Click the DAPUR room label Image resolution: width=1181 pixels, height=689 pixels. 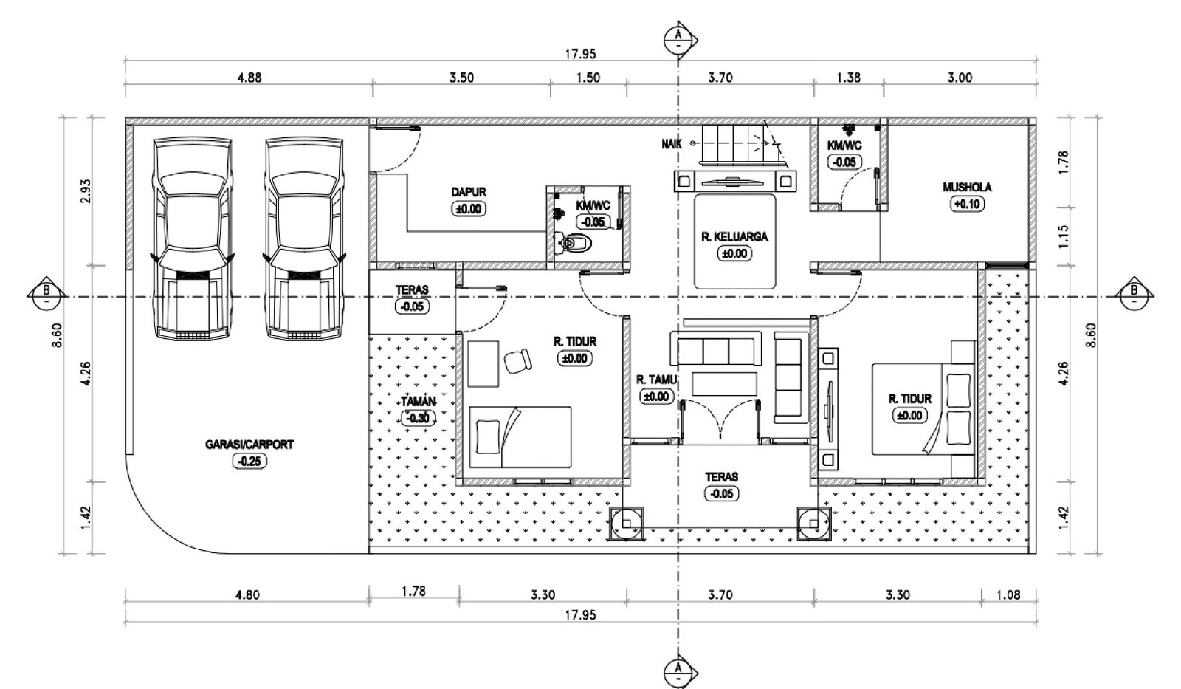[x=468, y=192]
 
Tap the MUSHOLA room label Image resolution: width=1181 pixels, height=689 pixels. [x=967, y=188]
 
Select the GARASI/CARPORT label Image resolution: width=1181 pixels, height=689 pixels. [x=249, y=445]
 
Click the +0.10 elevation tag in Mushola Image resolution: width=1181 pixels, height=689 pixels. [x=967, y=204]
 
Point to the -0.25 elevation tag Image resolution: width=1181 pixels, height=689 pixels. [x=249, y=461]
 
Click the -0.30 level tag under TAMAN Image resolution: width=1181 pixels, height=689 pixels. [x=419, y=419]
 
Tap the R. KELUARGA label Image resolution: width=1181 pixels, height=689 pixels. [x=734, y=237]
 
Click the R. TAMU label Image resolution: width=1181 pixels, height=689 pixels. [x=656, y=380]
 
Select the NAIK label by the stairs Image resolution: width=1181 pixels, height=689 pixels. [x=672, y=143]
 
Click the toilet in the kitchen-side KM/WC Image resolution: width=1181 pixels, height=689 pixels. [x=575, y=243]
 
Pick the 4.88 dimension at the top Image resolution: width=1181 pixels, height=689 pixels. [x=249, y=78]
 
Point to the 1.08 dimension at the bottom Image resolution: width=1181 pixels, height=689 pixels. [x=1008, y=595]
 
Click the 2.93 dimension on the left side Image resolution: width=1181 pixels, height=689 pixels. [x=86, y=191]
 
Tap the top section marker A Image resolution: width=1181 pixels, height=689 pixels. [x=680, y=38]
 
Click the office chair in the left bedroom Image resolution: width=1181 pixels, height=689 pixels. [x=517, y=361]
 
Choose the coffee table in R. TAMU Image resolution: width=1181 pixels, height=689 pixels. [x=724, y=383]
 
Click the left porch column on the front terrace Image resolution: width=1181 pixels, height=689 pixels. [x=627, y=524]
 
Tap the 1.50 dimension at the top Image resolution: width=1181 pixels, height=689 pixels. [x=588, y=78]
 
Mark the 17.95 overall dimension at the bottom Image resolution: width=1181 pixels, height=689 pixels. [x=580, y=615]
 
